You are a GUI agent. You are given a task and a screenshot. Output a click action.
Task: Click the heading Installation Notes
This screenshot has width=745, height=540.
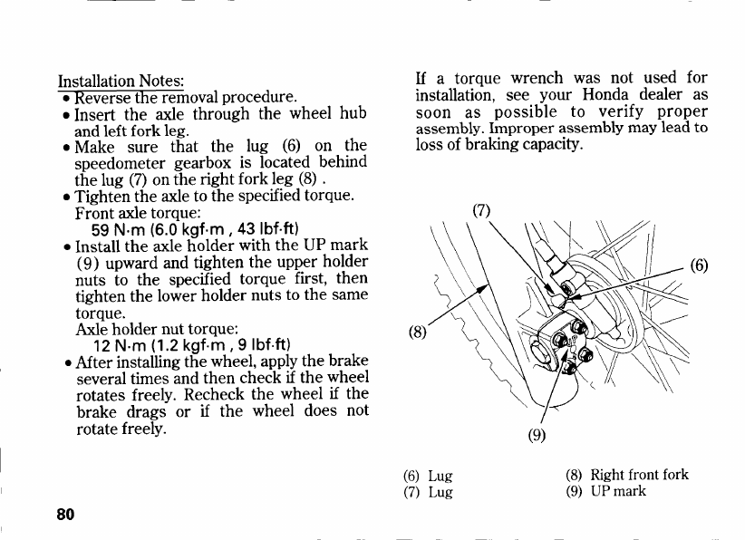click(121, 81)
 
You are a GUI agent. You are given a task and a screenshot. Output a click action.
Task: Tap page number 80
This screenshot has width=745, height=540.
click(64, 514)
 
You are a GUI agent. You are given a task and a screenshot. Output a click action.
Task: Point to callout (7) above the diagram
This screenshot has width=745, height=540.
click(482, 210)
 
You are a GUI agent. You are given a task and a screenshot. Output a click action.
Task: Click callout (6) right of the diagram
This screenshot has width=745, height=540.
click(699, 265)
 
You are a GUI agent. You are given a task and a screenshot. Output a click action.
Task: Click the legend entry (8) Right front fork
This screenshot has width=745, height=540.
click(627, 475)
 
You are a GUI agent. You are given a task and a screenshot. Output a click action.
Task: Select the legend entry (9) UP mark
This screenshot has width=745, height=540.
click(607, 492)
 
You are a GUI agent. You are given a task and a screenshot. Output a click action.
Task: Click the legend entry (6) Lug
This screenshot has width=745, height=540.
click(428, 476)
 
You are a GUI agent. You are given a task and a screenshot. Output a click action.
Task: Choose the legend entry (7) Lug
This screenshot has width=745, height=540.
click(428, 493)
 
